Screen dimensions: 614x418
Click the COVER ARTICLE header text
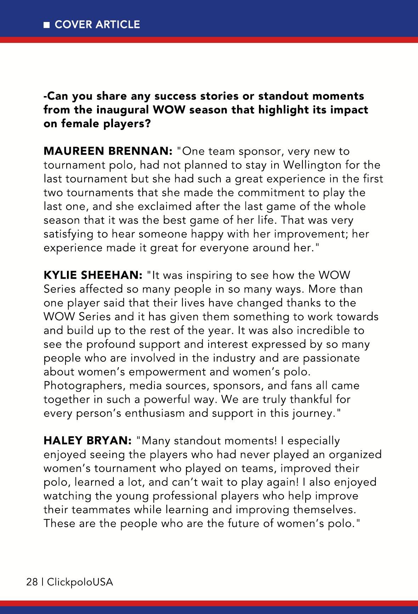97,24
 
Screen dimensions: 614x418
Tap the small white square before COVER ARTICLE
46,25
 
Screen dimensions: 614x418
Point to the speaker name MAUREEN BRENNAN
108,151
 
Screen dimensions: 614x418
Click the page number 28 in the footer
32,582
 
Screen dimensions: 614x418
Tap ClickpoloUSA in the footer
80,582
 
